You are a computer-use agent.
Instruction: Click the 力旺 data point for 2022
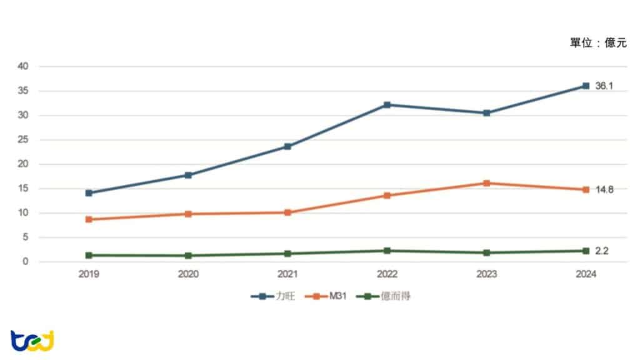pos(387,104)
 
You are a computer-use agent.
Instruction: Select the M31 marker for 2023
pos(486,183)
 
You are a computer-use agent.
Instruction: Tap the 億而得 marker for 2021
pos(287,254)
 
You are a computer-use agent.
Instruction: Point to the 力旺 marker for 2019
pos(89,193)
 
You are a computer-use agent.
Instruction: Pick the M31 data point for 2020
pos(188,214)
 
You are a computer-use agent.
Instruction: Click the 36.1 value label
pos(604,86)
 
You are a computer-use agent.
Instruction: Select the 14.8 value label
pos(604,189)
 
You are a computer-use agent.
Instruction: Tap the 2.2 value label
pos(601,251)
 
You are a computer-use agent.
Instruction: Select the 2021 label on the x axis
pos(287,274)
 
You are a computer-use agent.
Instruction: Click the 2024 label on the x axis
pos(586,274)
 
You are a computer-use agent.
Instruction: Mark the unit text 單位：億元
pos(597,42)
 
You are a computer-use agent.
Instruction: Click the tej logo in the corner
pos(32,341)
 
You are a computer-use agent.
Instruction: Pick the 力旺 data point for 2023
pos(486,113)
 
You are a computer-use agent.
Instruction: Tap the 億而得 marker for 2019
pos(89,255)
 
